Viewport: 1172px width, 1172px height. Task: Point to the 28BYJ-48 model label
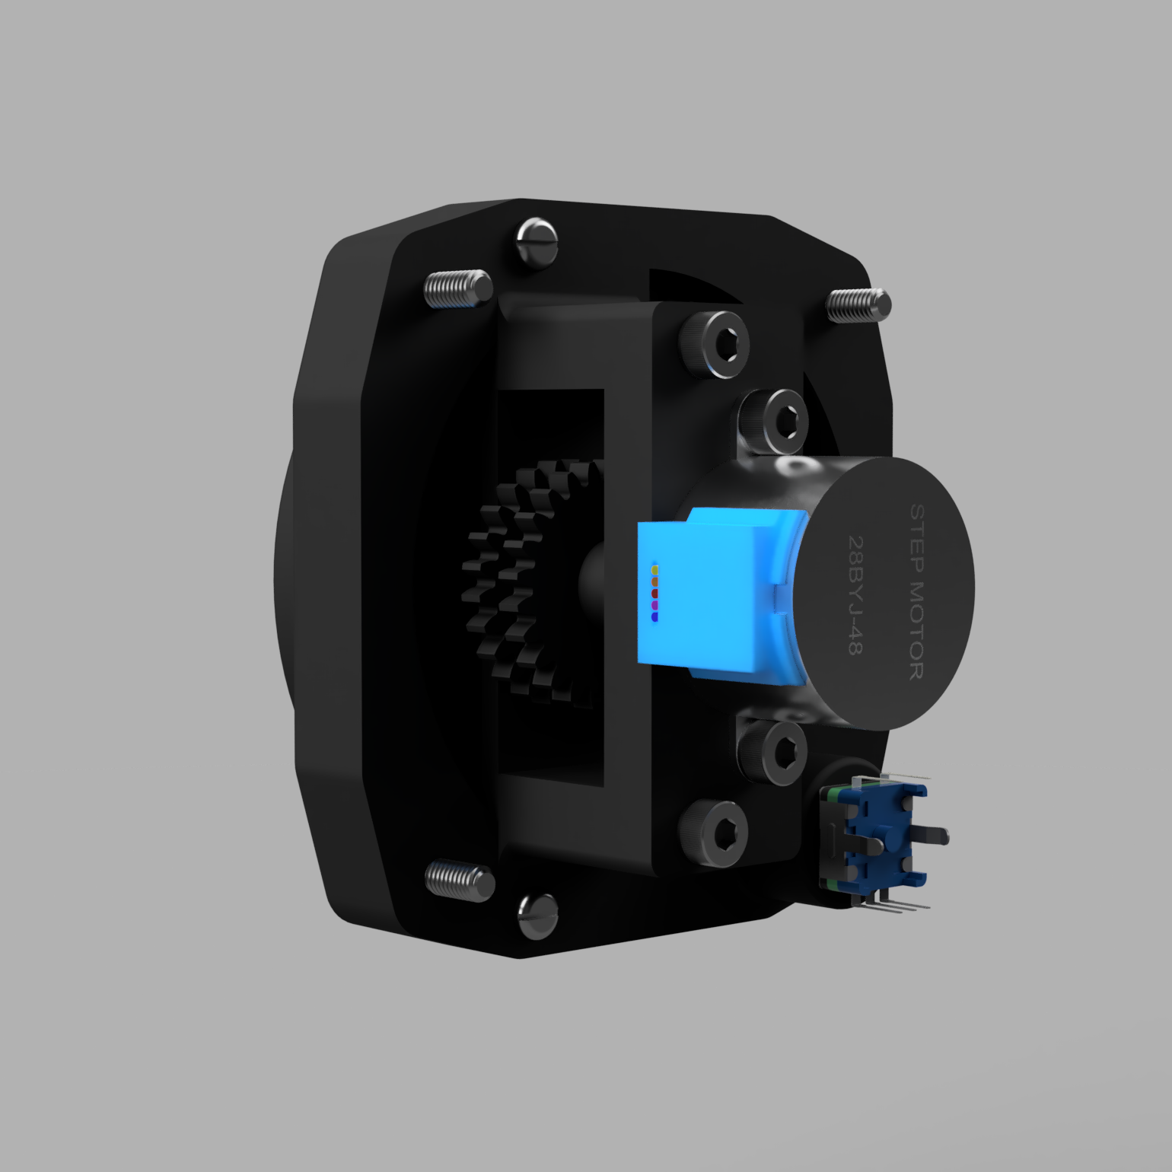855,595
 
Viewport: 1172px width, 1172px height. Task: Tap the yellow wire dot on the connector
654,569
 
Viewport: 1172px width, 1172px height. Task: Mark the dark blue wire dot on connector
654,617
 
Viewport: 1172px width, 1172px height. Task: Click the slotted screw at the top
537,242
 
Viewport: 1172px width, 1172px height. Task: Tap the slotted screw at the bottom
537,916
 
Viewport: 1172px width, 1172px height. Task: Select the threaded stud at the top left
457,289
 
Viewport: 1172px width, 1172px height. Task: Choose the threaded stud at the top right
858,304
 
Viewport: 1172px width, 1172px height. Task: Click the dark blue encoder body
875,837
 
